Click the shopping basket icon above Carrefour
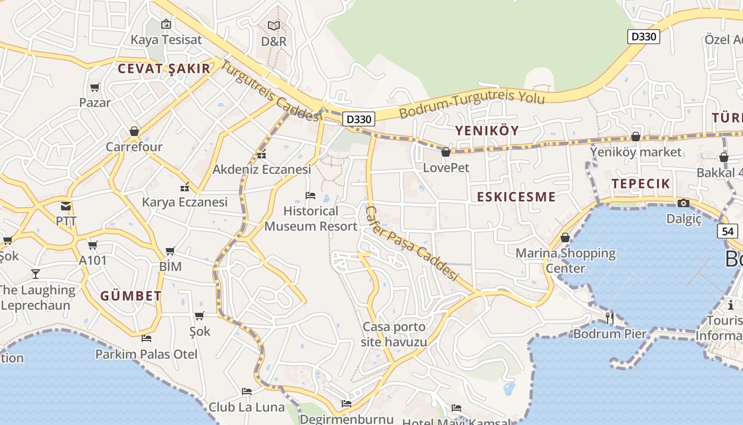(134, 131)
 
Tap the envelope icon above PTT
(66, 206)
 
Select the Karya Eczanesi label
(185, 202)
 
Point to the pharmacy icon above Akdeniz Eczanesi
(261, 155)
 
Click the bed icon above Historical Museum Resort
(311, 195)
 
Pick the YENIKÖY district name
(487, 131)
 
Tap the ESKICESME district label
(516, 197)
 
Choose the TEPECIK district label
(641, 184)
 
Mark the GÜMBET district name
(131, 296)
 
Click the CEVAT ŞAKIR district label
(164, 69)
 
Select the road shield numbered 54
(728, 231)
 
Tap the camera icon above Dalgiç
(684, 203)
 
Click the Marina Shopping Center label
(565, 260)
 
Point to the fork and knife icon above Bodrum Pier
(610, 318)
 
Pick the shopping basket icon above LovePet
(446, 152)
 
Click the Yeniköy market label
(636, 152)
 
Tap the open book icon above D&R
(273, 25)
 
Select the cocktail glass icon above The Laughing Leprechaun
(36, 274)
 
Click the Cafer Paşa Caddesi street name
(411, 243)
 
